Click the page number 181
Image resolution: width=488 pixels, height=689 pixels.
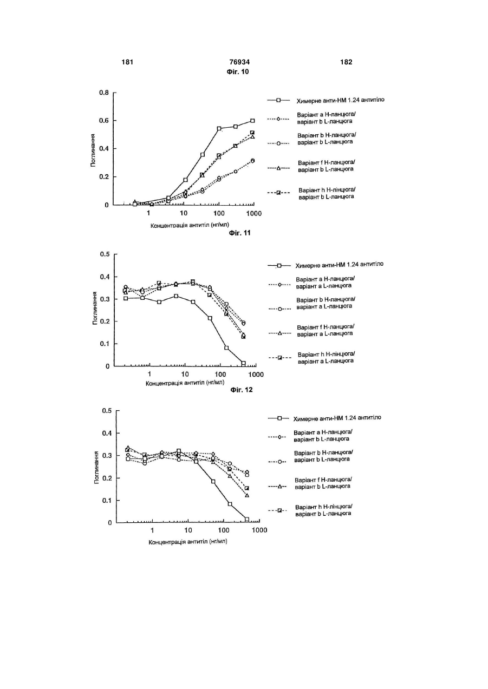point(127,62)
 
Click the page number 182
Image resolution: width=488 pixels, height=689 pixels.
point(346,62)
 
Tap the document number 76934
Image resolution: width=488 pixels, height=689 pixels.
point(239,62)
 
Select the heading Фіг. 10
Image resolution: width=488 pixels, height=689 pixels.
point(238,71)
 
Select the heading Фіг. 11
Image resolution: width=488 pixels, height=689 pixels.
point(239,233)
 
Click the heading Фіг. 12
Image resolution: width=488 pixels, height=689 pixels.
point(242,390)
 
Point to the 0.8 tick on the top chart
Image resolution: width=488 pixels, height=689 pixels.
point(104,93)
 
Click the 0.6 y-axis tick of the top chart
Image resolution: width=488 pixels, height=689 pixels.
point(104,121)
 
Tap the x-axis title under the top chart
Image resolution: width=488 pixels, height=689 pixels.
point(190,225)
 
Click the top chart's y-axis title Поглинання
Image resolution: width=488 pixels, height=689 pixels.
point(93,150)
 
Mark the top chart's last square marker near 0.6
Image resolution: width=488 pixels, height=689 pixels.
point(252,121)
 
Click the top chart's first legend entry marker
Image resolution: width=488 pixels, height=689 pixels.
point(278,100)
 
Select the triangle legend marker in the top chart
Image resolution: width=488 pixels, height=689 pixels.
point(278,168)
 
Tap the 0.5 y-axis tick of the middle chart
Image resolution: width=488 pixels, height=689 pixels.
point(105,254)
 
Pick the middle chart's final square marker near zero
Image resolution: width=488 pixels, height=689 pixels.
point(243,363)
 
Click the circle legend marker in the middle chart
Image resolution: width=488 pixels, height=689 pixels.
point(280,309)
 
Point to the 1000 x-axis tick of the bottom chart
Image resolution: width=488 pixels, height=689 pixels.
point(259,530)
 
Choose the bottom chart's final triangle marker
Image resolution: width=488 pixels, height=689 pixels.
point(247,495)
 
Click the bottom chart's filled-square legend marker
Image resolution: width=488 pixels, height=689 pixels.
point(279,510)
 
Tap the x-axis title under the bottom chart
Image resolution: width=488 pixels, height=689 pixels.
point(188,542)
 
